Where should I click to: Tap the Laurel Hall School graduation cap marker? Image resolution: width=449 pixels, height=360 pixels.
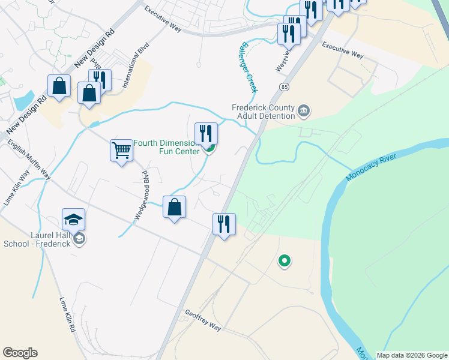[x=73, y=220]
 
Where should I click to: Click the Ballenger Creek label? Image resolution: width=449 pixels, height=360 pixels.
[x=249, y=66]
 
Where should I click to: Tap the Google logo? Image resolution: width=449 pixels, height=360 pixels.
[x=20, y=353]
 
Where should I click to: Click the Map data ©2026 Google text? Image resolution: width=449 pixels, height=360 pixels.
[x=412, y=355]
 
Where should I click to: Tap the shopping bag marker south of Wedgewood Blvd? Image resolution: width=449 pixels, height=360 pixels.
[x=174, y=208]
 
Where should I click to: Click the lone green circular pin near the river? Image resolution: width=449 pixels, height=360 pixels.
[x=285, y=261]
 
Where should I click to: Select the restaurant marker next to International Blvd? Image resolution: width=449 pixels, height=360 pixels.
[x=100, y=80]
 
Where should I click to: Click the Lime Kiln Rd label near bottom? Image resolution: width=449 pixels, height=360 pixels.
[x=67, y=315]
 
